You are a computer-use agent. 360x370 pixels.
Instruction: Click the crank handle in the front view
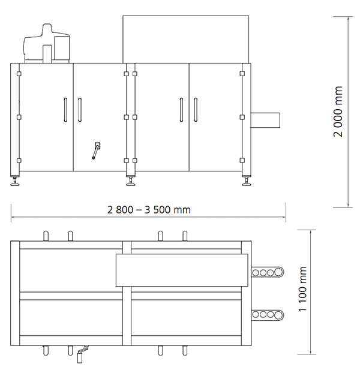click(96, 151)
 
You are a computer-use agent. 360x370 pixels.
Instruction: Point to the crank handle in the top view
click(81, 355)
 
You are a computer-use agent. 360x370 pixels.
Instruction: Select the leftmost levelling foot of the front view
click(16, 181)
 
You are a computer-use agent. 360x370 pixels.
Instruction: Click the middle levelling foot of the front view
click(130, 181)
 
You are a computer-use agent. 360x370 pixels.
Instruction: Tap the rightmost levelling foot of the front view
click(246, 181)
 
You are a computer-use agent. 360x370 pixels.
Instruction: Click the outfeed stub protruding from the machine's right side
click(266, 119)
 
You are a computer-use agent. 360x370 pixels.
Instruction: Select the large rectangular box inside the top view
click(181, 270)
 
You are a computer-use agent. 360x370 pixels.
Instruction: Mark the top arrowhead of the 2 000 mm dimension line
click(350, 19)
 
